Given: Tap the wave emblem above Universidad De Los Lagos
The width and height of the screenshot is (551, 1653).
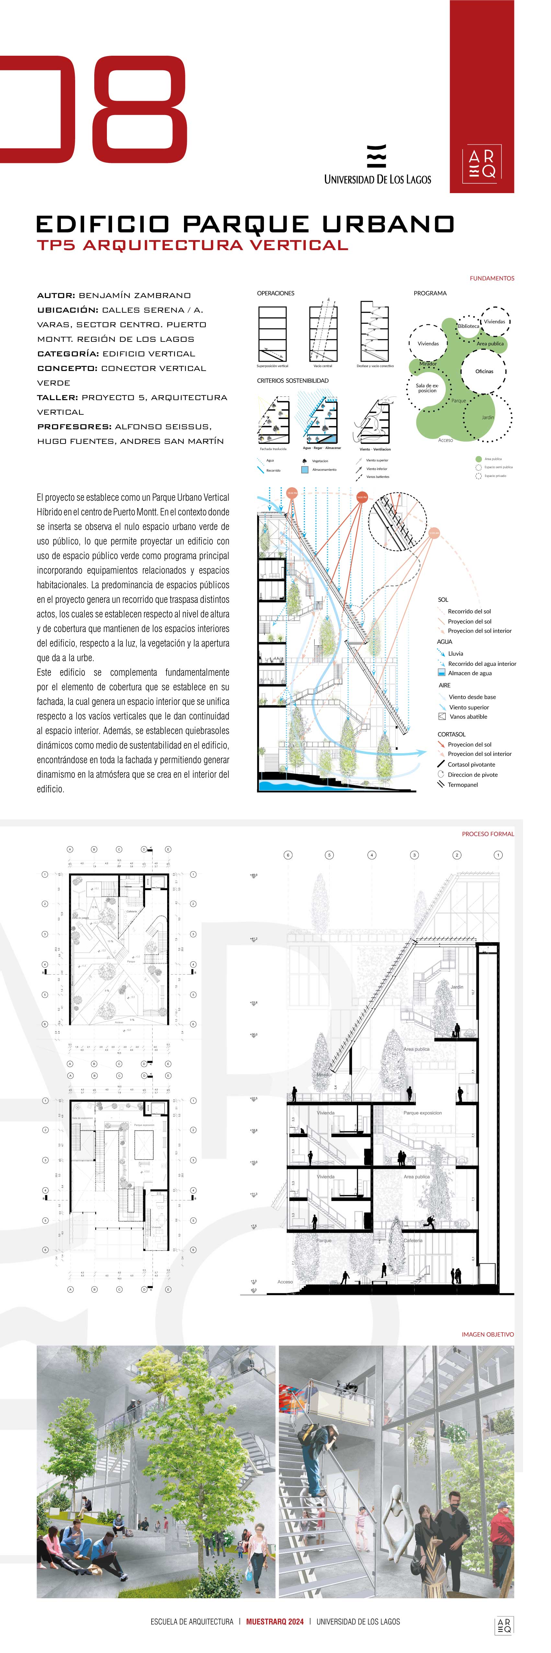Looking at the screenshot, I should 376,156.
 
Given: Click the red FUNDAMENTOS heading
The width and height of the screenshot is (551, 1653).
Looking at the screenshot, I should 491,279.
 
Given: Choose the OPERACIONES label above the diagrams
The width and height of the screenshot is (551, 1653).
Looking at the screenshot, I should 276,293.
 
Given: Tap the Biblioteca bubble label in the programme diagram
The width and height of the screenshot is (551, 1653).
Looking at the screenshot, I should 468,326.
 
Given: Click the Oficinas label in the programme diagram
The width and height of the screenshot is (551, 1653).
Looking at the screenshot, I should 484,371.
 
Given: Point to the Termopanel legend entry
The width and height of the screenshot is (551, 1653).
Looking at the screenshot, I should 463,785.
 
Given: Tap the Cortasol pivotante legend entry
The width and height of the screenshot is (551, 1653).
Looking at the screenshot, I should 471,764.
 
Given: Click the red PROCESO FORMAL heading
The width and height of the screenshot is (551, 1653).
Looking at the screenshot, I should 488,834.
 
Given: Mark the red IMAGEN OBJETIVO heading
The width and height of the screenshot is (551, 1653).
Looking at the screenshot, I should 488,1334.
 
